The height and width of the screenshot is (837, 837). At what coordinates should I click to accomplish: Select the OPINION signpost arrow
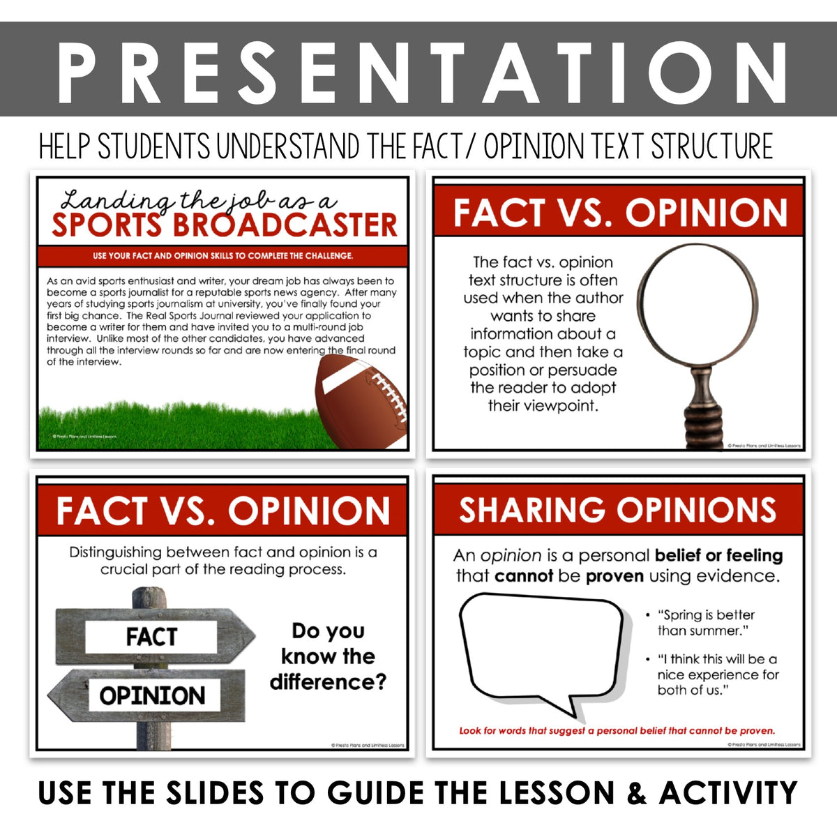tap(151, 695)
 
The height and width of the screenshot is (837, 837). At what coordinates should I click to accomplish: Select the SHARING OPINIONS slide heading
tap(618, 510)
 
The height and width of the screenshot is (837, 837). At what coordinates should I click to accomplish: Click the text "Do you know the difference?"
tap(328, 656)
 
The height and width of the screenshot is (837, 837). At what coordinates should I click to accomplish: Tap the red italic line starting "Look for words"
tap(617, 731)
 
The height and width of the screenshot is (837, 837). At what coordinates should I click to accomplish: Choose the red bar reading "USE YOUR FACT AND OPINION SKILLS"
tap(223, 256)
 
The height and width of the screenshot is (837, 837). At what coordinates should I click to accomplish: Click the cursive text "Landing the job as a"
tap(199, 201)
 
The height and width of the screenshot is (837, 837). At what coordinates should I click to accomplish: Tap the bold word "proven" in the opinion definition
tap(614, 576)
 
